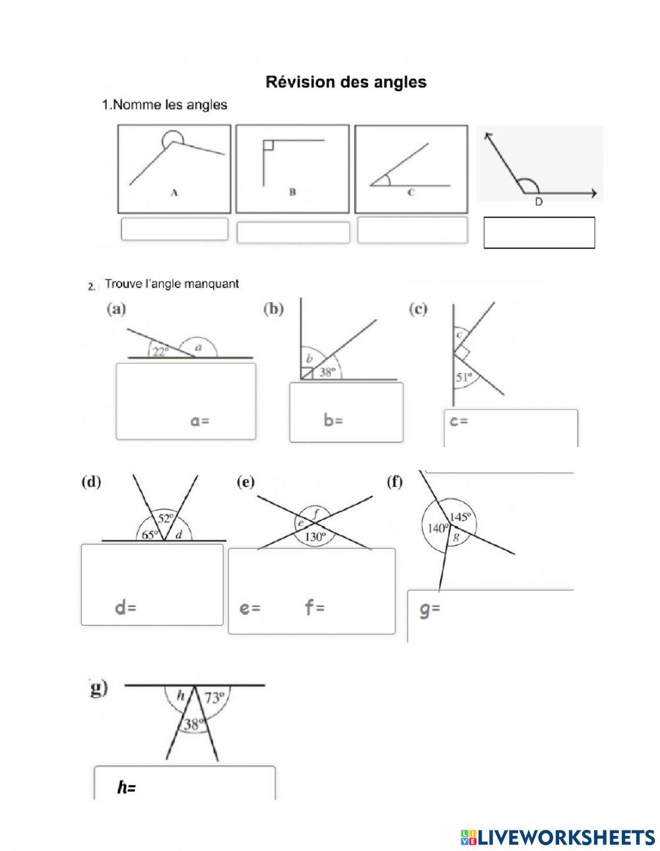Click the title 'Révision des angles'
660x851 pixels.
click(x=346, y=82)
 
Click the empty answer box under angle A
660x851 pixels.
click(x=174, y=229)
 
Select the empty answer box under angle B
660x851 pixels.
click(x=293, y=232)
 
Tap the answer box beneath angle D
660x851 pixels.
click(x=539, y=233)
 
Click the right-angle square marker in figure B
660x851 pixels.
click(x=268, y=145)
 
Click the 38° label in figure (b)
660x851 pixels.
click(x=328, y=372)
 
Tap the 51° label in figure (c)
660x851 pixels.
click(x=465, y=377)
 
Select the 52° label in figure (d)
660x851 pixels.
click(x=167, y=519)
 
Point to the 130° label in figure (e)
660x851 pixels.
click(x=315, y=537)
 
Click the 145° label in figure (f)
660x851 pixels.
click(x=461, y=517)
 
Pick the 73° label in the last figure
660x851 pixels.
click(x=214, y=697)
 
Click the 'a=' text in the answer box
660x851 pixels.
click(x=200, y=421)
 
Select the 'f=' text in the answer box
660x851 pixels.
click(x=315, y=608)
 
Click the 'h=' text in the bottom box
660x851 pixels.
click(x=127, y=787)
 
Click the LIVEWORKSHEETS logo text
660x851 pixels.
click(x=564, y=837)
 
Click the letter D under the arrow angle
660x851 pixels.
click(x=539, y=202)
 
